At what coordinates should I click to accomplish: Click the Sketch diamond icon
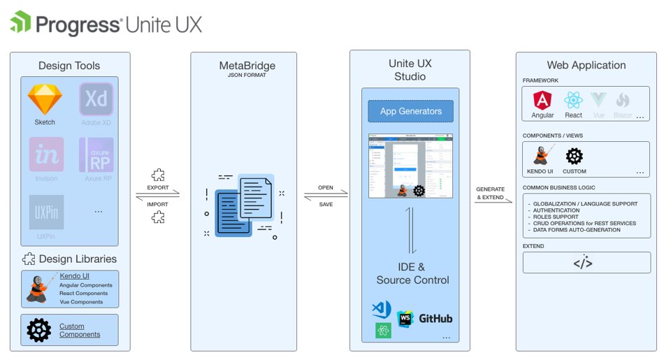[45, 100]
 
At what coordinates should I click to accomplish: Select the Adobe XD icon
[96, 100]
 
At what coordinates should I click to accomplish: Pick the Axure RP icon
[96, 154]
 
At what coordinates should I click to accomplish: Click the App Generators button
[410, 111]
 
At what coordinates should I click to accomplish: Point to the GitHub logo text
[435, 319]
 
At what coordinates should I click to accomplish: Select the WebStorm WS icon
[405, 319]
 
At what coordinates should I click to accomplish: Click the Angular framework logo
[542, 100]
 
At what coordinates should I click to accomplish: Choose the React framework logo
[573, 100]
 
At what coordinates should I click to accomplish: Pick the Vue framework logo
[598, 100]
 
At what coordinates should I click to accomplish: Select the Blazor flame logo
[622, 100]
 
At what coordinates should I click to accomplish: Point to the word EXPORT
[157, 188]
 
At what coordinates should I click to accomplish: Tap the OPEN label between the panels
[326, 188]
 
